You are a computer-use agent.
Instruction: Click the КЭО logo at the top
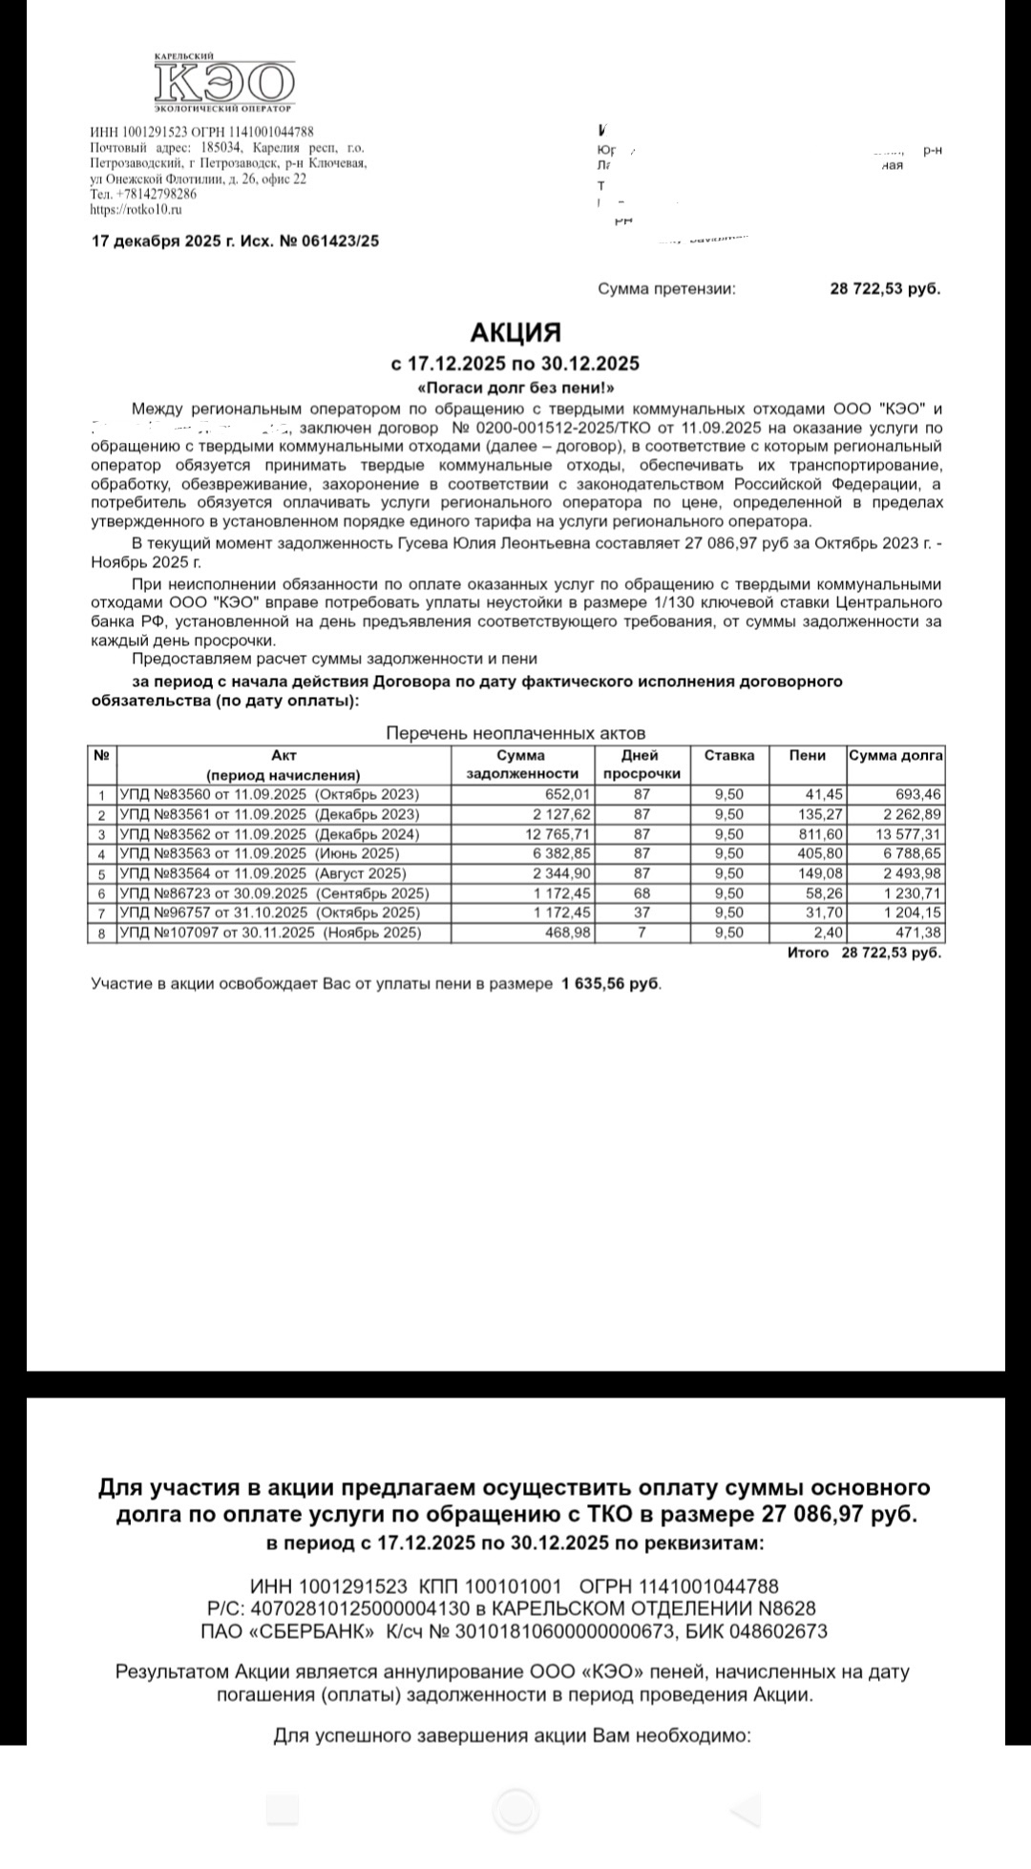(x=224, y=84)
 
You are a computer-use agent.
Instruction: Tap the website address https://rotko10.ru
(x=136, y=210)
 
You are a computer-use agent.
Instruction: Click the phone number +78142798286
(x=156, y=194)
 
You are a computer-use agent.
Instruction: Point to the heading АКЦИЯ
(x=515, y=332)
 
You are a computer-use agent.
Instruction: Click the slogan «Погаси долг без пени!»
(x=515, y=388)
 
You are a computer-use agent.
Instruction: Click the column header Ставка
(x=729, y=755)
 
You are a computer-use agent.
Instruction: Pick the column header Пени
(x=808, y=755)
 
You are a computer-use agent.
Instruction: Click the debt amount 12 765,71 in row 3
(x=554, y=834)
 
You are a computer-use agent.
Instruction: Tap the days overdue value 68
(x=642, y=893)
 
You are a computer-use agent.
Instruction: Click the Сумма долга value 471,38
(x=918, y=933)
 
